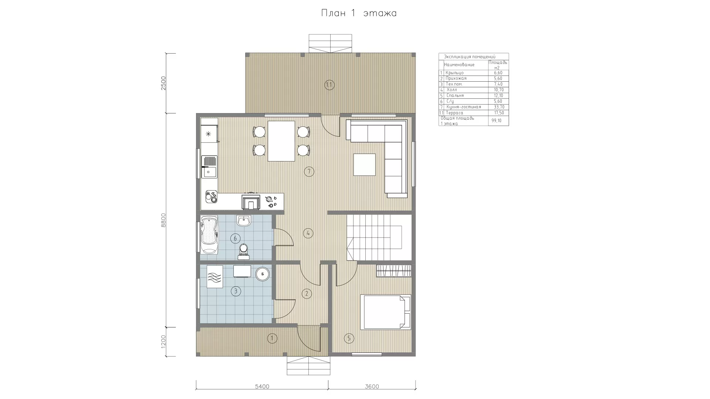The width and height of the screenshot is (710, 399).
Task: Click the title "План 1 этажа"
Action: pos(359,13)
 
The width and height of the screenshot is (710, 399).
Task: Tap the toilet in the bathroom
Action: pos(243,251)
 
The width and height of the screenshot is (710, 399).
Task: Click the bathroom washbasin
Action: pos(243,221)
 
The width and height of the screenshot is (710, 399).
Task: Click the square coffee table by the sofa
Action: pos(364,165)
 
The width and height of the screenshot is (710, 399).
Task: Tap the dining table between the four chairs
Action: pos(281,141)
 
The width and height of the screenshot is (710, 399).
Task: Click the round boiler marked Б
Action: pos(263,274)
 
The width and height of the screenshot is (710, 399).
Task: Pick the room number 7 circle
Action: pos(309,171)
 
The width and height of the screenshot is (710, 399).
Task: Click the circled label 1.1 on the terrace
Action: pos(329,85)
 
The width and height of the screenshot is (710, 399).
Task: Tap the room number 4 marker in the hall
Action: pos(308,233)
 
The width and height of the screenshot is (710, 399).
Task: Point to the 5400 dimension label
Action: pos(262,386)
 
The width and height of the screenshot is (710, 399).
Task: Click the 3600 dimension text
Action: pos(372,386)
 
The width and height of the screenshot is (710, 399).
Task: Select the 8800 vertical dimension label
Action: pos(163,220)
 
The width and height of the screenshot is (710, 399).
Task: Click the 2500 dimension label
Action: pos(163,83)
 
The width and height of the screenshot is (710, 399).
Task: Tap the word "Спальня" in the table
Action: pos(455,95)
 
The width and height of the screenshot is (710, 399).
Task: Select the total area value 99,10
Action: pos(497,120)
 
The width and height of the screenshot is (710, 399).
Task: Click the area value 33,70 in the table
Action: pos(499,107)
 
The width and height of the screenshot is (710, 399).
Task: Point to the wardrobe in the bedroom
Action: pos(394,271)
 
